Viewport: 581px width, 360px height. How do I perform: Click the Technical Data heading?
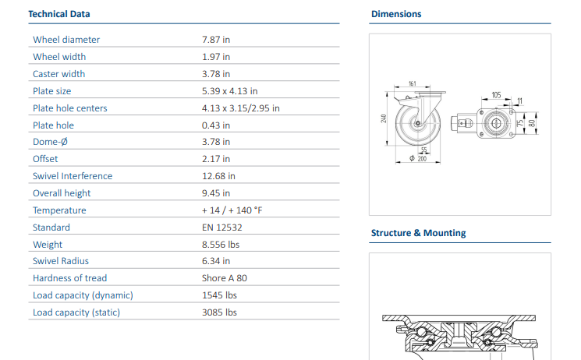point(59,14)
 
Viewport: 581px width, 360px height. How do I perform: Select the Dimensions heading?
point(396,14)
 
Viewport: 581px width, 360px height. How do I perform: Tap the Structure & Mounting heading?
point(418,233)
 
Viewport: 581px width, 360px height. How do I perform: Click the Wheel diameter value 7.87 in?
point(216,40)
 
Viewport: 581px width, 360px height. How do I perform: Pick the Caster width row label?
point(59,74)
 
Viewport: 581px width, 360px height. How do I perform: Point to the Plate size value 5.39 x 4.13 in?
point(230,91)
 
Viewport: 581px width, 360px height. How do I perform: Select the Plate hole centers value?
point(241,108)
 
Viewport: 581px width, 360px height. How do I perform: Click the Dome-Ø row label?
point(51,142)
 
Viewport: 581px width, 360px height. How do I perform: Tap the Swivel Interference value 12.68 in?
point(218,176)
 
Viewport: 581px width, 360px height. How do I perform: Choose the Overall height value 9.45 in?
point(216,193)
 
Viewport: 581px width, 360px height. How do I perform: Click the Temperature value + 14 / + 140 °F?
point(232,210)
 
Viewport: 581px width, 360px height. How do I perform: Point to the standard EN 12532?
point(222,228)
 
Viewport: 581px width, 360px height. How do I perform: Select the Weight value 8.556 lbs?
point(221,245)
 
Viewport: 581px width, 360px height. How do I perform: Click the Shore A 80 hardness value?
point(225,278)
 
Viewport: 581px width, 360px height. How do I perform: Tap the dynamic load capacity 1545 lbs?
point(219,295)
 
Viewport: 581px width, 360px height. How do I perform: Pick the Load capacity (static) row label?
point(76,312)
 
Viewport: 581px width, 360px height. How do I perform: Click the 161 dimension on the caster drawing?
point(413,83)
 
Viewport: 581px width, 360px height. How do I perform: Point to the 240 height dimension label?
point(384,118)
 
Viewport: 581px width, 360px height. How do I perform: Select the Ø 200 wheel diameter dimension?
point(418,158)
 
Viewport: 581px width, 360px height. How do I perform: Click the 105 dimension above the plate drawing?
point(496,95)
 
